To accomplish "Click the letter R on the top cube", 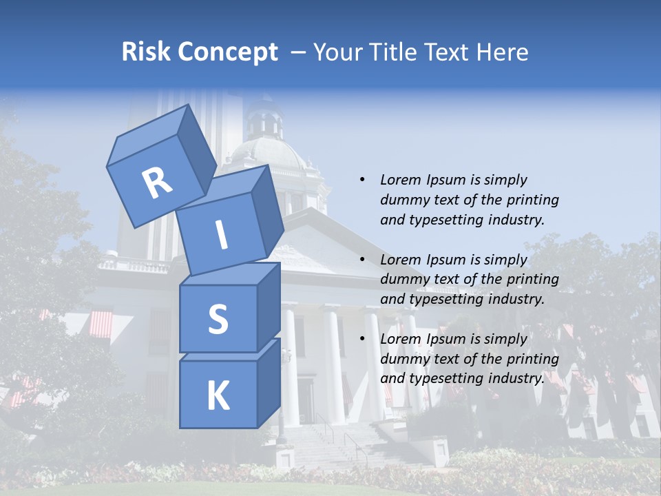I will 157,183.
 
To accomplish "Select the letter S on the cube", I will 218,320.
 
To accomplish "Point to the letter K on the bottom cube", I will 218,396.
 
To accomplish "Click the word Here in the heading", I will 503,52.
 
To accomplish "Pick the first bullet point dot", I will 362,180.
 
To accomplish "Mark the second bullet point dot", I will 362,260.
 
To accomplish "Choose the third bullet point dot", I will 362,339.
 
